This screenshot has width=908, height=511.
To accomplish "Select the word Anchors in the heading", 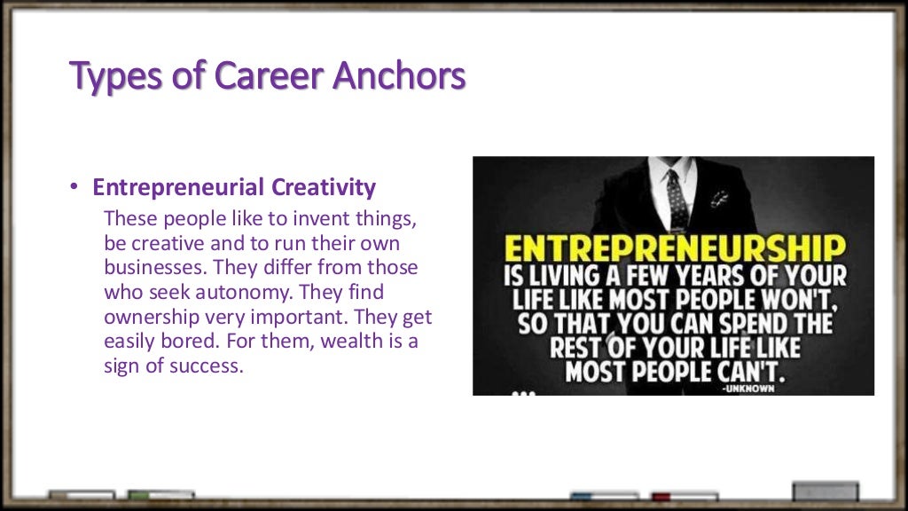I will pos(399,76).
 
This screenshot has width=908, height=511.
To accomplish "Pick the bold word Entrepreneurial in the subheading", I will pos(179,188).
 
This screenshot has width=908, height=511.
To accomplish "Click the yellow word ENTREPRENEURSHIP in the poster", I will pos(674,248).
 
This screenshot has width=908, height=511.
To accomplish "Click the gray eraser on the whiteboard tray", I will pos(825,491).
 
